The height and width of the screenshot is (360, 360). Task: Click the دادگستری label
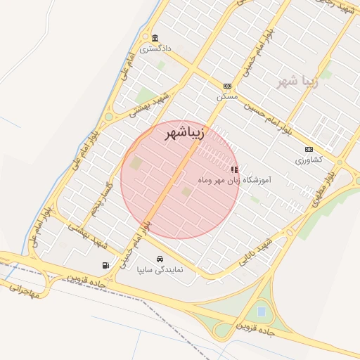coord(155,49)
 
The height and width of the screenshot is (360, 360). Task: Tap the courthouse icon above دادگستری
coord(155,37)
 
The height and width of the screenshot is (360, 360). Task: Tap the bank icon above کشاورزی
coord(309,149)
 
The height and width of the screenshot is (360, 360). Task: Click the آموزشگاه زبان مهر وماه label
coord(235,181)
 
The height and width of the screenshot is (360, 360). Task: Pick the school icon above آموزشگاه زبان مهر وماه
coord(234,169)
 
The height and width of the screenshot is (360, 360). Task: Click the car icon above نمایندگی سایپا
coord(161,258)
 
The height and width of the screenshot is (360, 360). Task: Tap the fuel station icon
coord(105,265)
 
